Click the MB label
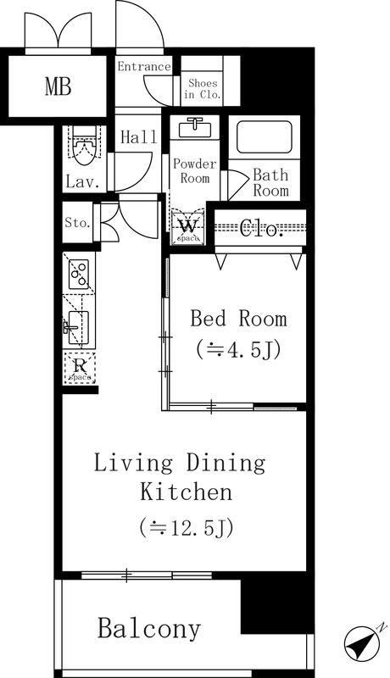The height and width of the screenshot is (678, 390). click(x=58, y=86)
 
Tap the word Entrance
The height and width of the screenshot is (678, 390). click(x=144, y=66)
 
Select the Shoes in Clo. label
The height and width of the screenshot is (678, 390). click(x=203, y=89)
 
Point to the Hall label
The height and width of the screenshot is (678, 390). click(x=138, y=137)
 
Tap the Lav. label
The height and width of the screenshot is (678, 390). click(x=86, y=181)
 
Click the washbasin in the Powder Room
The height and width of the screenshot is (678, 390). click(x=195, y=128)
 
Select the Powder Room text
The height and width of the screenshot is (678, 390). click(x=194, y=171)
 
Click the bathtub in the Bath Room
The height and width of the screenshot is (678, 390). click(x=265, y=136)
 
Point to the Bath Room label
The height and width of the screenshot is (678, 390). click(x=270, y=183)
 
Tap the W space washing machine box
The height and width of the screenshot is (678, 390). click(x=188, y=226)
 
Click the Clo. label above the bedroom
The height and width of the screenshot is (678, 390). click(x=261, y=227)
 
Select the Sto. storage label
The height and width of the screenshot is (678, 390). click(x=78, y=223)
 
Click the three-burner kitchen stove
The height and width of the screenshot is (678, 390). click(x=79, y=274)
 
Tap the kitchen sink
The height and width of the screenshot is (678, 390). click(x=78, y=327)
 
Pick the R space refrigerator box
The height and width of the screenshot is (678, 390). click(x=80, y=369)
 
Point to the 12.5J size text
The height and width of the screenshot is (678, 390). click(x=187, y=527)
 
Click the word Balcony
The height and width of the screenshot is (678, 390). click(x=149, y=629)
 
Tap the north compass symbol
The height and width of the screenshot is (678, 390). click(x=362, y=642)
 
